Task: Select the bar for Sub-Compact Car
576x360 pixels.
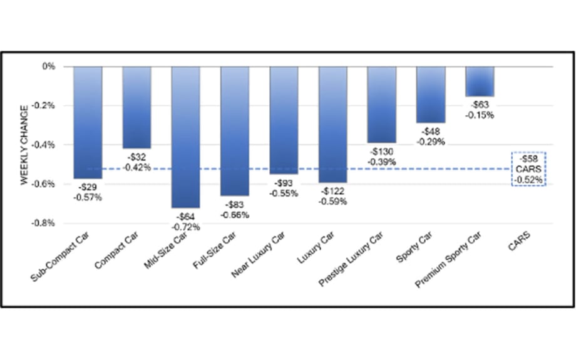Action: click(x=88, y=122)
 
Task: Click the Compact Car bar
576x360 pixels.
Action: click(x=136, y=106)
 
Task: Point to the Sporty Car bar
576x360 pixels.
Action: click(x=431, y=94)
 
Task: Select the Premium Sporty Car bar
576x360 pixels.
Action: click(x=480, y=81)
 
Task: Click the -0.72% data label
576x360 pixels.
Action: click(x=186, y=227)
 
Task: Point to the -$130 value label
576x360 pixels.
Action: click(x=382, y=152)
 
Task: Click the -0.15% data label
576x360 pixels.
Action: click(x=480, y=115)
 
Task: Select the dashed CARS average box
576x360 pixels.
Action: click(x=528, y=169)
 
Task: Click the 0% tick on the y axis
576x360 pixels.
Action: click(x=48, y=66)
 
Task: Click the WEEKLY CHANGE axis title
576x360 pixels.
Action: click(x=24, y=144)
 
